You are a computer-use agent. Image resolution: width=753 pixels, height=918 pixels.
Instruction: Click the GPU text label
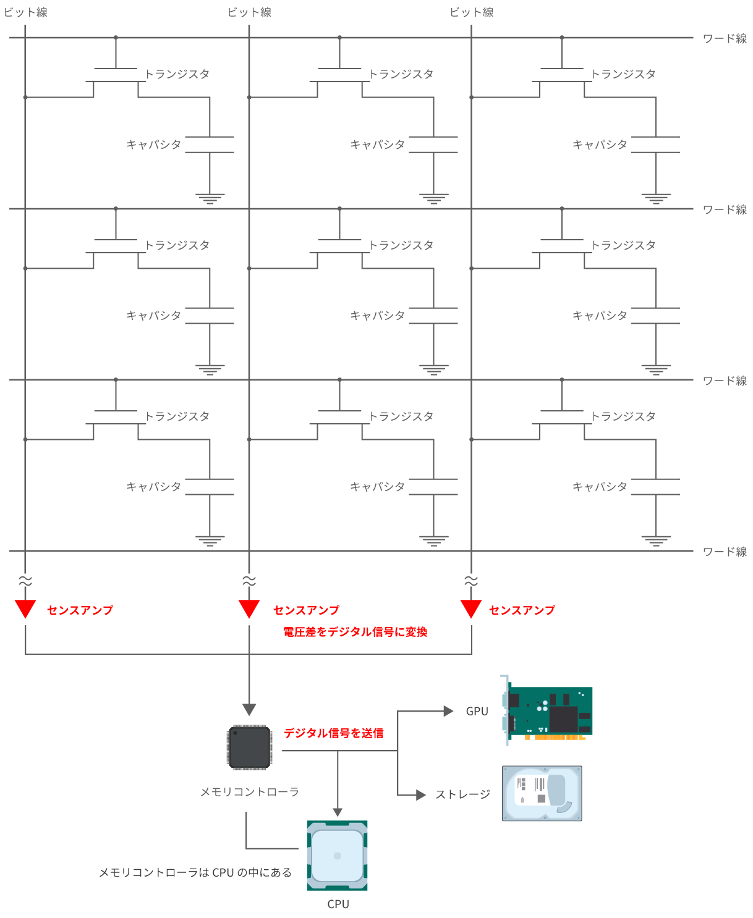(x=477, y=711)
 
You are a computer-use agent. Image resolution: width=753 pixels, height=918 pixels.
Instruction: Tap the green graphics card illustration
(x=548, y=711)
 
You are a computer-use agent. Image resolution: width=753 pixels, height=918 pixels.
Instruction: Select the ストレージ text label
(x=462, y=794)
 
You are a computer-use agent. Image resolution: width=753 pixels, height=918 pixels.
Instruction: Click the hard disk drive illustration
(x=542, y=794)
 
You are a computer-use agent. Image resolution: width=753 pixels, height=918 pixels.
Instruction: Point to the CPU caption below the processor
(x=338, y=904)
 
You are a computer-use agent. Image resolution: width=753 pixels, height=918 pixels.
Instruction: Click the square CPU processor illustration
(x=338, y=856)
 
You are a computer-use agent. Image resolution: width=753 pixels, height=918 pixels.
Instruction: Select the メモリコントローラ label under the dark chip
(x=249, y=791)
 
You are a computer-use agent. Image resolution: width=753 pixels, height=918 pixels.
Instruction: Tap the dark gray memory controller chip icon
(x=249, y=747)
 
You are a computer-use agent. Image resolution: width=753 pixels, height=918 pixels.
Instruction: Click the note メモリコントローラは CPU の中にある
(x=195, y=872)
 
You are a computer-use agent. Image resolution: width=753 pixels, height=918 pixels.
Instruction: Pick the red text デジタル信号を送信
(x=334, y=733)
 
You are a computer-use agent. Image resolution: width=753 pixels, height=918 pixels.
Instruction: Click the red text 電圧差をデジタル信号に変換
(x=355, y=632)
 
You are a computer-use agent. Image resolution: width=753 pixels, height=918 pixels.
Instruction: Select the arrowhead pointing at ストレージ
(x=421, y=795)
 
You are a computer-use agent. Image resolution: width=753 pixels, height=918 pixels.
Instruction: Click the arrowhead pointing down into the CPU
(x=338, y=812)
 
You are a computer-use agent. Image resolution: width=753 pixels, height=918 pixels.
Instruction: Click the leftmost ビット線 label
(x=25, y=12)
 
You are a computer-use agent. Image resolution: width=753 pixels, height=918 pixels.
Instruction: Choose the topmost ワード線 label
(x=725, y=39)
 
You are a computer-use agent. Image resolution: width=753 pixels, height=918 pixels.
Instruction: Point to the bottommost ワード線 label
(x=725, y=552)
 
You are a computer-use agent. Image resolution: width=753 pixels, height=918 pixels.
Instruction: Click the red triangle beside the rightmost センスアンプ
(x=471, y=608)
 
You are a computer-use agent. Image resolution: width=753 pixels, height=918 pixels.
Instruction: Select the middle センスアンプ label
(x=306, y=610)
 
